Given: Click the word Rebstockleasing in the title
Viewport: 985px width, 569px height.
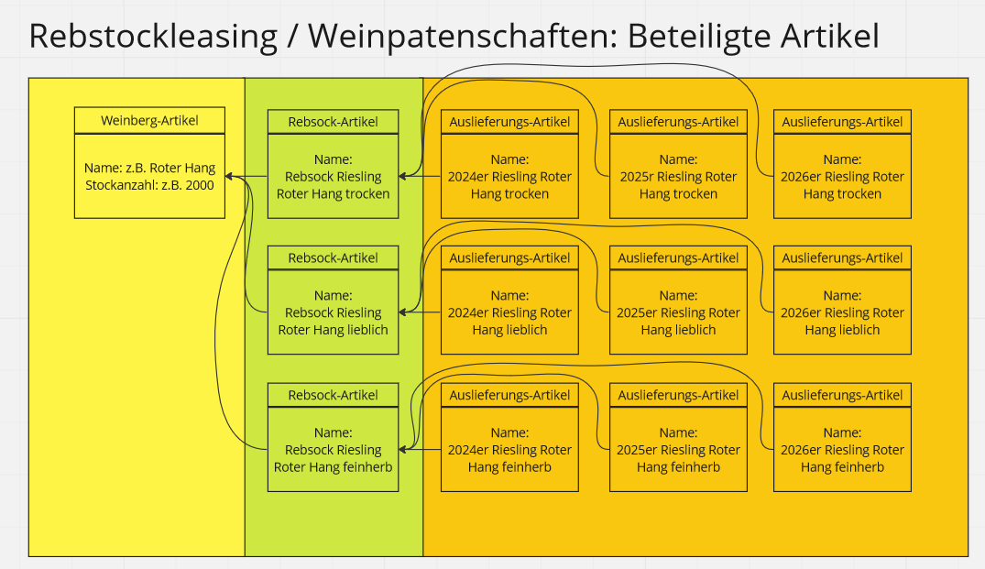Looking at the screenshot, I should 153,37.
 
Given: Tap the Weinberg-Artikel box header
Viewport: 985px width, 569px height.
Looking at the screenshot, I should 149,120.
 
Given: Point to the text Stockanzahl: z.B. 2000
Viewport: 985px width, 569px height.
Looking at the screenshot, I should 149,185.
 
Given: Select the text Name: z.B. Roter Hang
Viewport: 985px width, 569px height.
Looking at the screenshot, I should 149,168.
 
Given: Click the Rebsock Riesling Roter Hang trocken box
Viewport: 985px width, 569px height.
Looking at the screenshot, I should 333,176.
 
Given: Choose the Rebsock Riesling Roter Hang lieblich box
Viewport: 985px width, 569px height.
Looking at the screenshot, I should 333,312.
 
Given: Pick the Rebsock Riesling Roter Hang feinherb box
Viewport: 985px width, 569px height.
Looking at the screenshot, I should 333,450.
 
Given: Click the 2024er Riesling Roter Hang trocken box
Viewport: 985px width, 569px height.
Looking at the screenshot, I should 509,176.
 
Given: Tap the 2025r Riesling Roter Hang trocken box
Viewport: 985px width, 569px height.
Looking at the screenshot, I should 678,176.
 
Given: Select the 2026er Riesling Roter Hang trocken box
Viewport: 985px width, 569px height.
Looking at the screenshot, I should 842,176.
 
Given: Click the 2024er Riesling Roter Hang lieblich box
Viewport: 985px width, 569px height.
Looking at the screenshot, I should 509,312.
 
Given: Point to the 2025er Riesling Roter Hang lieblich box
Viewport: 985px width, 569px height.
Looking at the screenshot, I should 678,312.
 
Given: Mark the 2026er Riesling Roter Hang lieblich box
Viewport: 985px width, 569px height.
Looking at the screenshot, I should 842,312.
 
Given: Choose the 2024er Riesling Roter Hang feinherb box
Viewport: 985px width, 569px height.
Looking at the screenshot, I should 509,450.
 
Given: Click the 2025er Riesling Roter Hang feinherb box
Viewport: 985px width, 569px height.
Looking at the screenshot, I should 678,450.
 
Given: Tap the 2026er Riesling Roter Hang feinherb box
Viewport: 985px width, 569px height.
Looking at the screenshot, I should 842,450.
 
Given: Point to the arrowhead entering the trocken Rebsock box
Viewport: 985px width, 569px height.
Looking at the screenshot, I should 404,176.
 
